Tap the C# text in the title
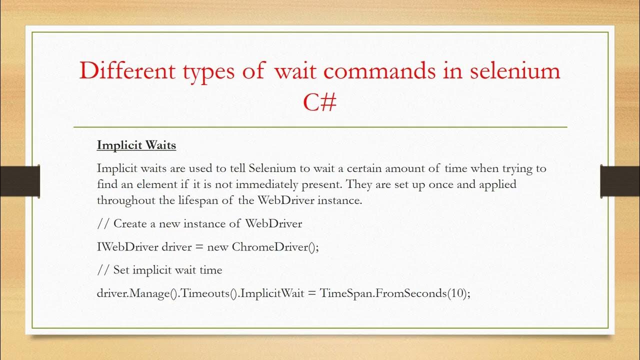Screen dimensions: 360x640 click(x=319, y=103)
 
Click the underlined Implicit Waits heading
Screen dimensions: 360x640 click(x=136, y=145)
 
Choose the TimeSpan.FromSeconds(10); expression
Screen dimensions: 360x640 click(x=395, y=293)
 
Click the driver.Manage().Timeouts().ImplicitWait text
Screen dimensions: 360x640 click(x=197, y=293)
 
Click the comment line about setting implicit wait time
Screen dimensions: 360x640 click(x=159, y=270)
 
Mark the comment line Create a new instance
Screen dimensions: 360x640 click(x=199, y=223)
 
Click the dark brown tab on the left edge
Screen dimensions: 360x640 click(x=20, y=180)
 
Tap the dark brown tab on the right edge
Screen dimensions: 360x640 click(x=620, y=180)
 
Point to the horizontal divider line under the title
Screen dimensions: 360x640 click(x=320, y=127)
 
